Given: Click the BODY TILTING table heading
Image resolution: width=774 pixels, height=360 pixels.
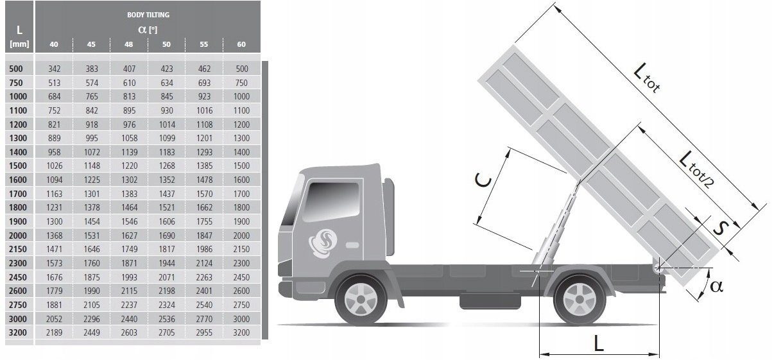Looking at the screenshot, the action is [148, 15].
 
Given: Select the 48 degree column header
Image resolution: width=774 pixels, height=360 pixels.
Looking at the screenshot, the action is [128, 44].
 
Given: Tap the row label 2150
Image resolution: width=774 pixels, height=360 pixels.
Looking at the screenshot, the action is [17, 249].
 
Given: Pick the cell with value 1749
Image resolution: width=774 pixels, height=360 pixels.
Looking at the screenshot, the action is [129, 249].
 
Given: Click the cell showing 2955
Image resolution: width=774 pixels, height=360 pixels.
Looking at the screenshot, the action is [204, 332].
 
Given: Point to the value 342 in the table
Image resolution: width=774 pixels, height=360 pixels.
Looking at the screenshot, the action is [55, 69].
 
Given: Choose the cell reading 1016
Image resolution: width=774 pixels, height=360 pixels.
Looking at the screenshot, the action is [204, 110].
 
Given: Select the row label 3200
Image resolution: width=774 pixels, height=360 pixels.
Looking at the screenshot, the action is [17, 332].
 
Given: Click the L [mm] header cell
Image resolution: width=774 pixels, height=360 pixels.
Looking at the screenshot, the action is [19, 36].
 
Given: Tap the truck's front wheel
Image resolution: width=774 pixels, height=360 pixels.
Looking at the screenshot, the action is [361, 299].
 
